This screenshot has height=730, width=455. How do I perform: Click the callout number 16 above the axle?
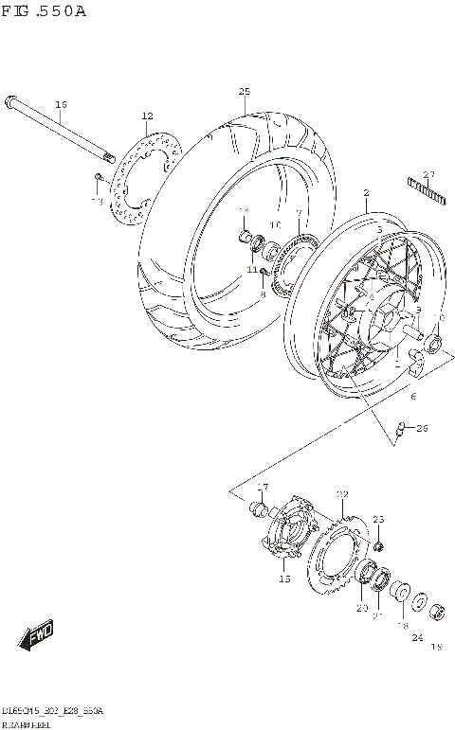click(61, 104)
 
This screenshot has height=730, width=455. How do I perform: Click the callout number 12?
click(147, 116)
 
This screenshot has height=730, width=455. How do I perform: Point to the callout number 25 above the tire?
click(244, 91)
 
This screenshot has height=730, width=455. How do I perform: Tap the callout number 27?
click(428, 173)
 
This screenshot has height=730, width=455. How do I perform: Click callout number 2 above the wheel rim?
click(365, 192)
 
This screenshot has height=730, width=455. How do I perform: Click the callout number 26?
click(422, 428)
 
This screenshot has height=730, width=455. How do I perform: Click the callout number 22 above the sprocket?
click(342, 493)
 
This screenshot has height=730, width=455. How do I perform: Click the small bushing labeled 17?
click(256, 510)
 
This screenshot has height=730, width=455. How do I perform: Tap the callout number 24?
click(416, 637)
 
